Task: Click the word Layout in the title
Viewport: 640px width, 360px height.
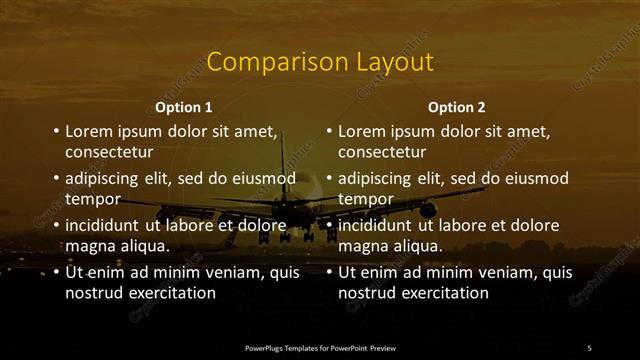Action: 393,62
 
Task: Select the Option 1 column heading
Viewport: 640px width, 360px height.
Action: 184,107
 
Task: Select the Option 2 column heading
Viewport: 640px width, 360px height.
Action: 457,107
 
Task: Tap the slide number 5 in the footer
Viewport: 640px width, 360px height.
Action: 589,347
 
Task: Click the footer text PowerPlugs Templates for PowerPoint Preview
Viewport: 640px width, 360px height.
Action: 319,347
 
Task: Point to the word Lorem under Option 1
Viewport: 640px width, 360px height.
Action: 91,131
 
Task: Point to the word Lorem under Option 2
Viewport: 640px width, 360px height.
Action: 364,131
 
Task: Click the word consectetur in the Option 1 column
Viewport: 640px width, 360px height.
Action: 109,153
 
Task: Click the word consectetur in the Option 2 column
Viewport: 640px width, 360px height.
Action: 382,153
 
